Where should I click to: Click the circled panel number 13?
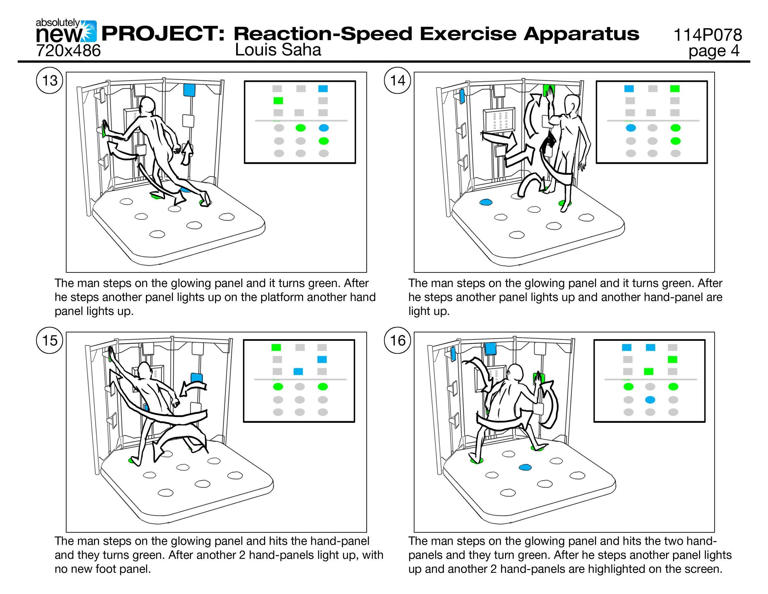point(49,80)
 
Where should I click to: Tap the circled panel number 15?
point(49,340)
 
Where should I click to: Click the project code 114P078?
point(707,35)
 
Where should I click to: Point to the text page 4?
point(714,51)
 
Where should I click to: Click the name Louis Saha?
point(278,50)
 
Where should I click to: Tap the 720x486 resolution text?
point(68,51)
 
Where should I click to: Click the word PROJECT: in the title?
point(163,34)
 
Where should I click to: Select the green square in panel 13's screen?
point(278,101)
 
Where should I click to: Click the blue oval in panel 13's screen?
point(323,128)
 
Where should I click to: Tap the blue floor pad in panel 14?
point(486,202)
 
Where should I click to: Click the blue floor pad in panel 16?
point(525,467)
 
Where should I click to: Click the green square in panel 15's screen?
point(276,347)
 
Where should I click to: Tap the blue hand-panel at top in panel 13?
point(189,90)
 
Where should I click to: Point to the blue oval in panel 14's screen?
point(630,128)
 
